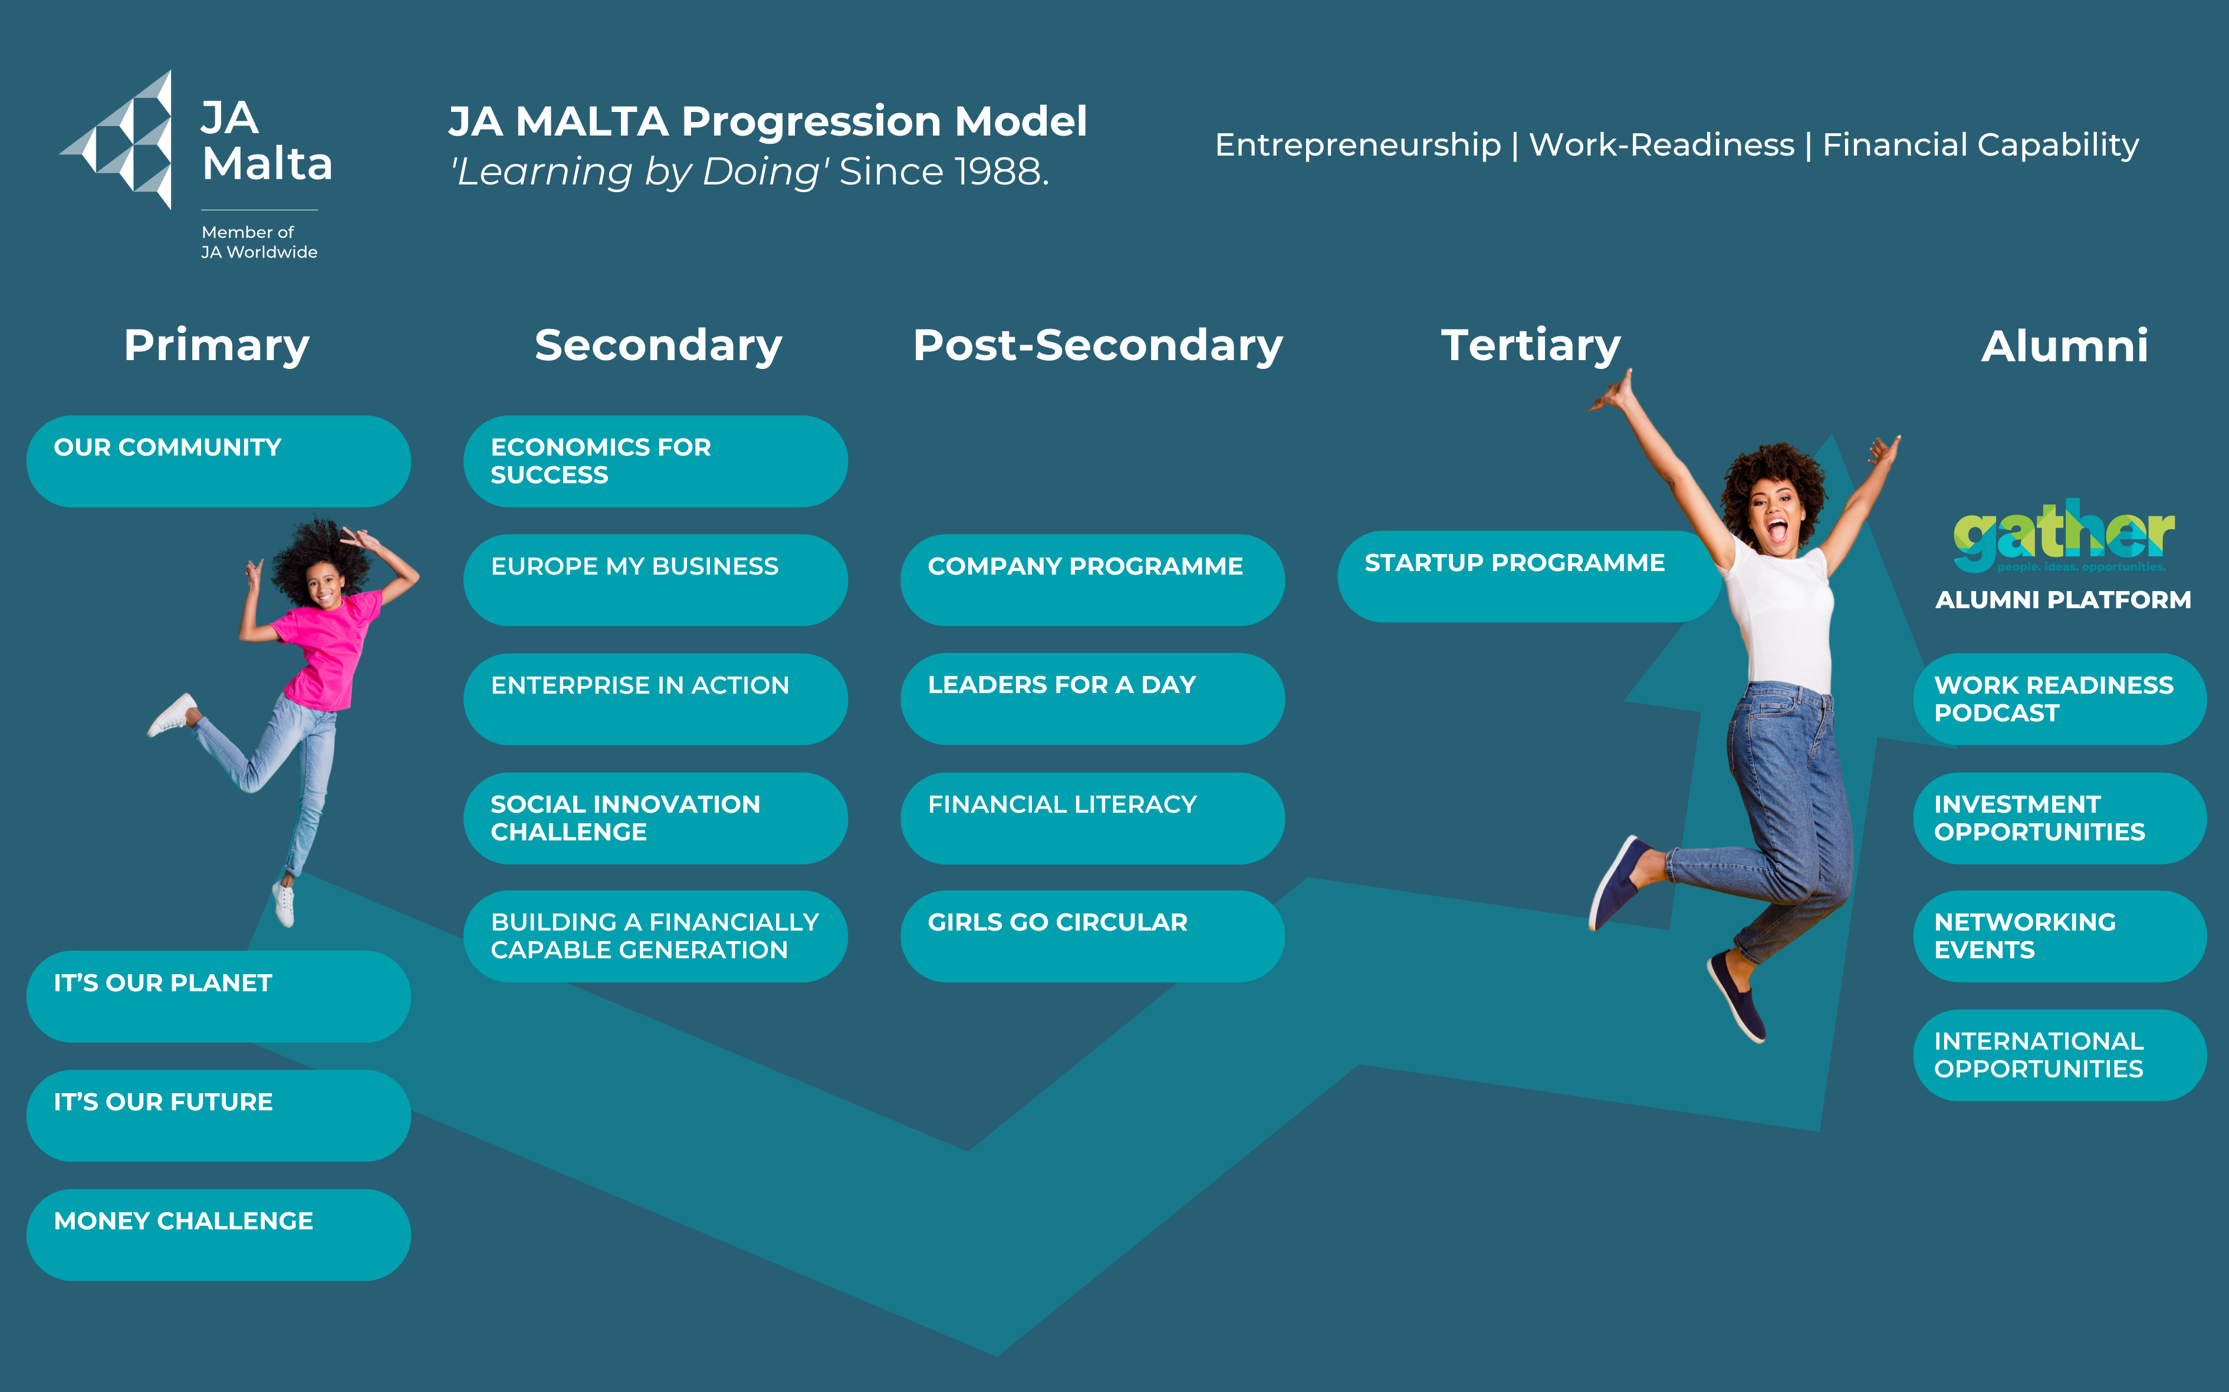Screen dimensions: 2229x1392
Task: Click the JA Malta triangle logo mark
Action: pos(120,140)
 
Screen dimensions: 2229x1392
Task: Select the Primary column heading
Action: pos(216,346)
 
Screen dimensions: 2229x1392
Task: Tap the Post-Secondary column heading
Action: pos(1098,346)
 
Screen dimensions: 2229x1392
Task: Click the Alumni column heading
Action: pos(2064,346)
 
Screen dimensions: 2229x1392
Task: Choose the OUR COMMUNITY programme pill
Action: pos(218,461)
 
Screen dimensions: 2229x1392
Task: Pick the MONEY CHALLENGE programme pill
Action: pos(218,1235)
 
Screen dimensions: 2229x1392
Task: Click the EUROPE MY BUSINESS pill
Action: pos(655,580)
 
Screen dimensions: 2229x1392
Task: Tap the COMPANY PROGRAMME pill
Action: pos(1093,580)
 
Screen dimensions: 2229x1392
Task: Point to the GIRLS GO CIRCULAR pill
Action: pos(1093,936)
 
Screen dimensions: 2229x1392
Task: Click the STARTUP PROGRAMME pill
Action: pos(1529,576)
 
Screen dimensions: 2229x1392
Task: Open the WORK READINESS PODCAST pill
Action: pos(2060,699)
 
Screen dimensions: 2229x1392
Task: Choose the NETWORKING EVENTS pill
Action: pos(2060,936)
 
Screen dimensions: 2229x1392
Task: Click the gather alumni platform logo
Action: pos(2063,536)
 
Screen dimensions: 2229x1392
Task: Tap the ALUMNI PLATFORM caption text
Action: pos(2063,601)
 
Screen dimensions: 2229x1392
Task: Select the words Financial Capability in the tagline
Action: pos(1980,146)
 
